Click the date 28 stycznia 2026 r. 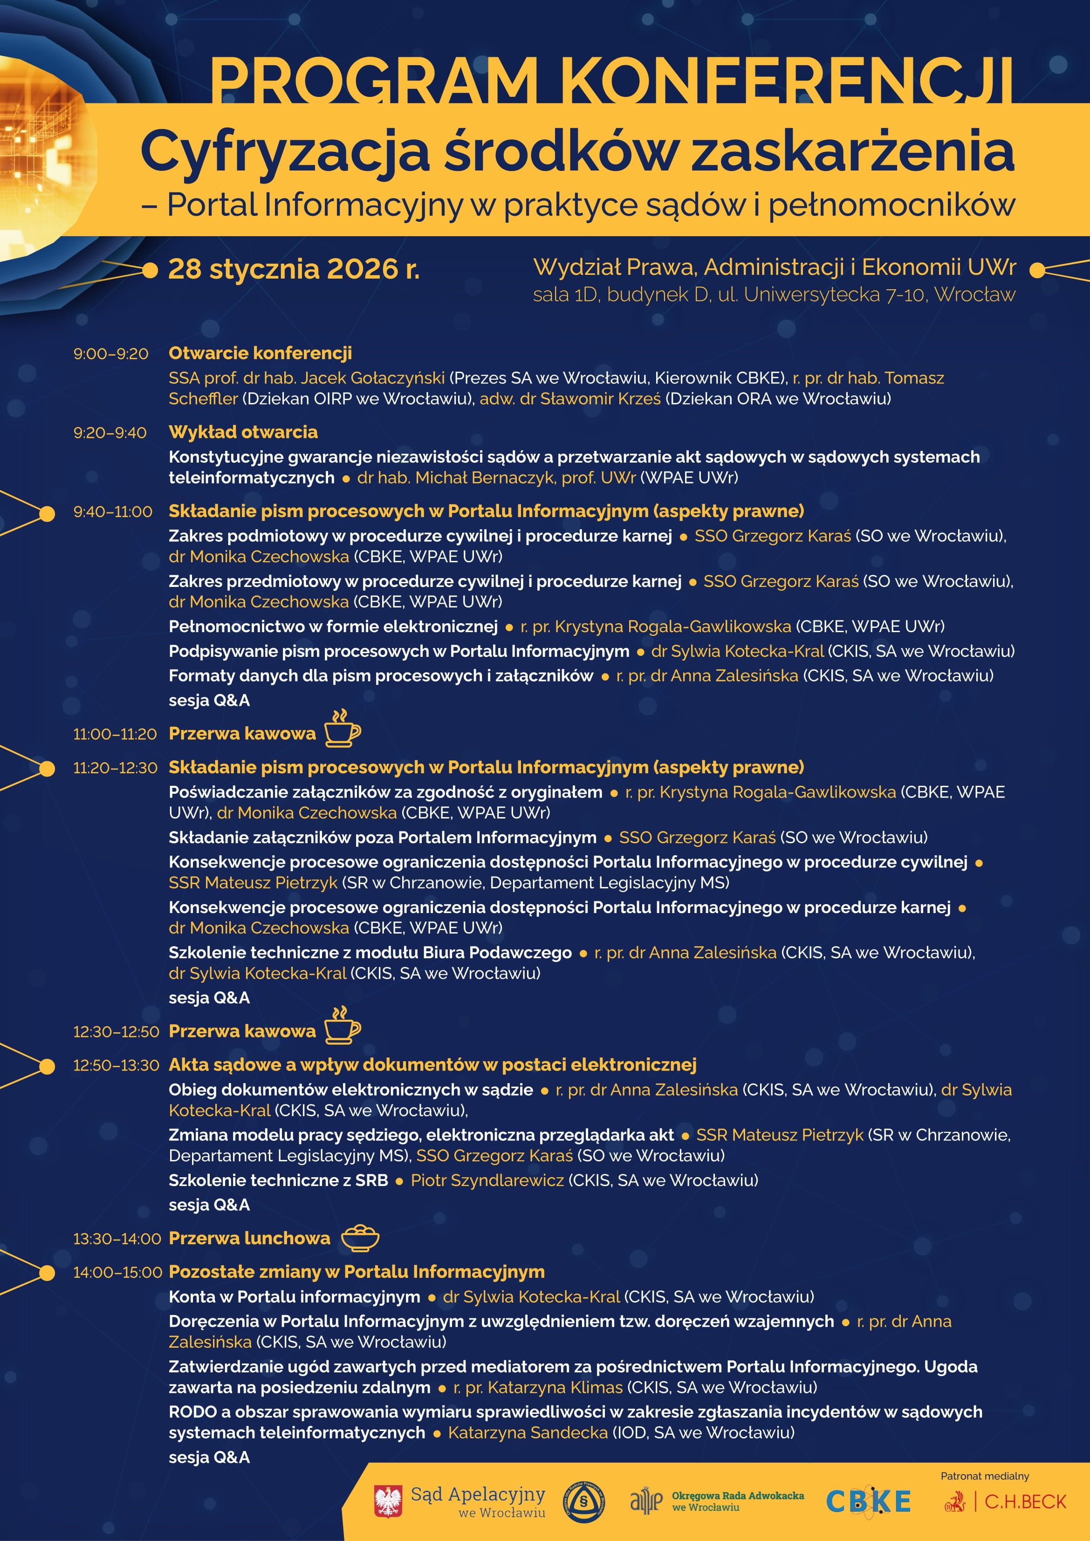[294, 269]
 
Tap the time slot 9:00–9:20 [111, 354]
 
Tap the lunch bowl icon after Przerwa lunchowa [360, 1238]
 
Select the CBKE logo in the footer [868, 1502]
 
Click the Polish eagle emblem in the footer [388, 1501]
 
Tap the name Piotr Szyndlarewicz [487, 1180]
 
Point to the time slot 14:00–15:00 [117, 1273]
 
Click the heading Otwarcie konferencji [260, 353]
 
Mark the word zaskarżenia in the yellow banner [852, 151]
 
